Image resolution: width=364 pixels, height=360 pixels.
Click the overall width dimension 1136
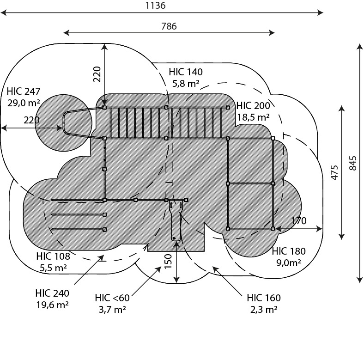coord(155,6)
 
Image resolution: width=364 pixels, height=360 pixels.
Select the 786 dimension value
coord(169,26)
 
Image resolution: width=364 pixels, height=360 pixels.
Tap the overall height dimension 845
coord(352,163)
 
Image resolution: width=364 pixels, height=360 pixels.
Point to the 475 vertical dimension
coord(334,172)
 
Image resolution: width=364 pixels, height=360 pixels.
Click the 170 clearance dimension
coord(299,220)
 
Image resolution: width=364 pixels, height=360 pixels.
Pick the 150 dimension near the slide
coord(168,261)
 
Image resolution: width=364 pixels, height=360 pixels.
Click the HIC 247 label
coord(24,92)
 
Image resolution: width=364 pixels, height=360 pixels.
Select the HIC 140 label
coord(186,72)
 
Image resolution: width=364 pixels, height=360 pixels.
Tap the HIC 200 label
coord(253,106)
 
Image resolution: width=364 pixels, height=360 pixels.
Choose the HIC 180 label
coord(289,251)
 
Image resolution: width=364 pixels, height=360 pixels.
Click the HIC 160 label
coord(264,298)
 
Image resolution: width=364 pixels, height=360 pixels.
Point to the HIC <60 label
coord(112,298)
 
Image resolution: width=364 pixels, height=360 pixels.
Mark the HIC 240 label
coord(52,293)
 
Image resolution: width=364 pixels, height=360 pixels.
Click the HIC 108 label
coord(53,256)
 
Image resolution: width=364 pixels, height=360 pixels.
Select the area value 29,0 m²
coord(24,103)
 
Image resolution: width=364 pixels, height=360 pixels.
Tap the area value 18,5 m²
coord(253,117)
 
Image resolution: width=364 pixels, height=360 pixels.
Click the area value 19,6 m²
coord(52,305)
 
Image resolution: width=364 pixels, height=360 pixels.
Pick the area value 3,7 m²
coord(112,309)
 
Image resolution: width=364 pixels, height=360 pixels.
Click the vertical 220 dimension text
coord(97,74)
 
